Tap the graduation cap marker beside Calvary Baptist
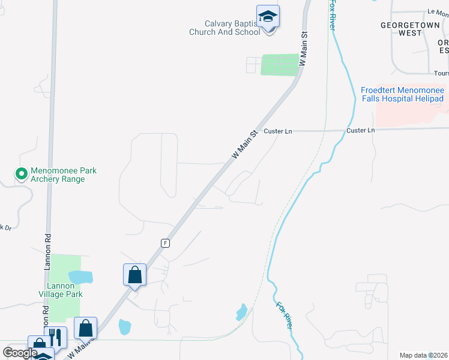tap(268, 16)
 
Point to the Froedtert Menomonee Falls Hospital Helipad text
tap(402, 94)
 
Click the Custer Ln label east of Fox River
tap(360, 130)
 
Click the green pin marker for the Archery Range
tap(21, 175)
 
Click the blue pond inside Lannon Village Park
tap(80, 277)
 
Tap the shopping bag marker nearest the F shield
tap(134, 275)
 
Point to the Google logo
tap(20, 353)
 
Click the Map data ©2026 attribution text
tap(423, 355)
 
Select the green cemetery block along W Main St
tap(280, 65)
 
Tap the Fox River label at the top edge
tap(332, 13)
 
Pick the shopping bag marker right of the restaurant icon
tap(85, 328)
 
